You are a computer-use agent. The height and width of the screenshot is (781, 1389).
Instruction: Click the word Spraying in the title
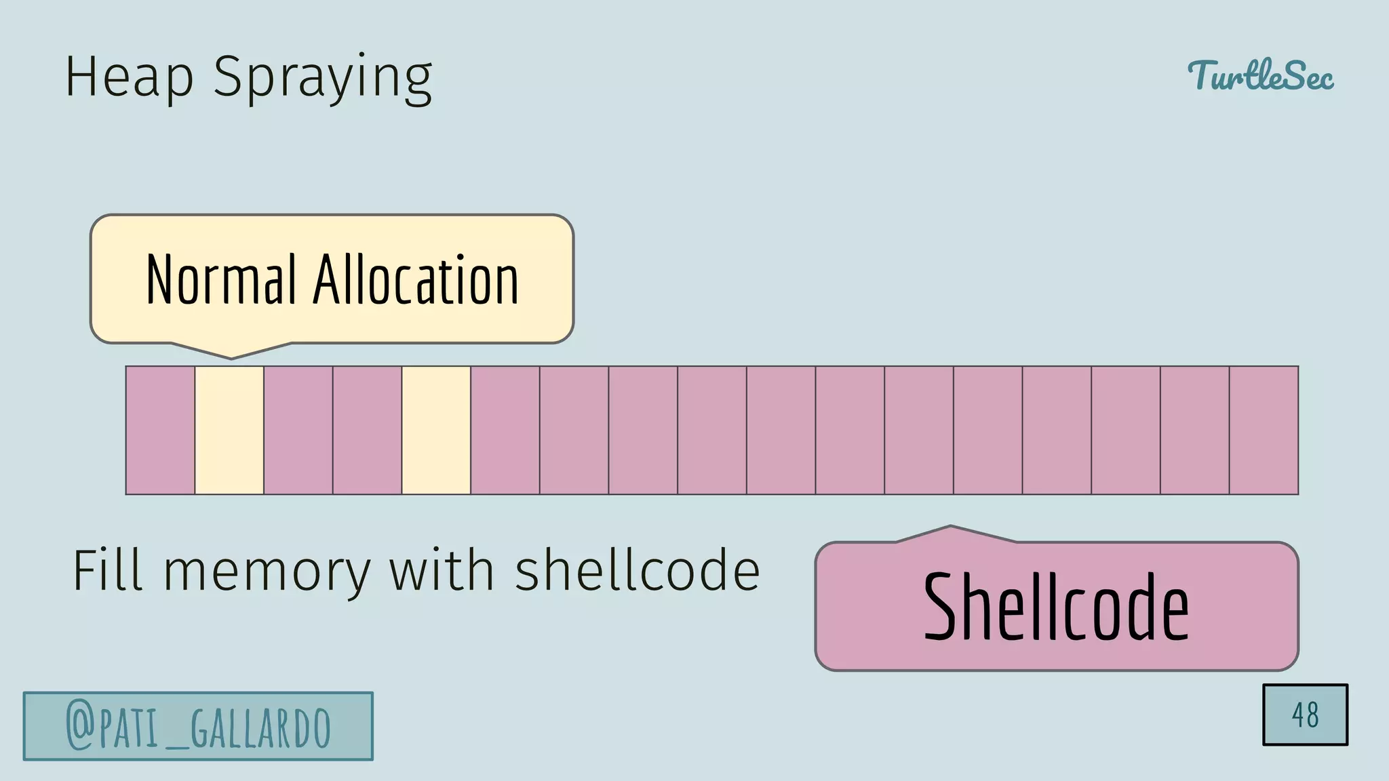pos(323,79)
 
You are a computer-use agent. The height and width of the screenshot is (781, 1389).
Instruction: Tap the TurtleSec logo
pos(1260,75)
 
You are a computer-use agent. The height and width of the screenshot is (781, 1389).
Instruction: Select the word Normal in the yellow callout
pos(221,279)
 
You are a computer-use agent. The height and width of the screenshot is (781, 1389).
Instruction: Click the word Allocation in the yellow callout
pos(415,279)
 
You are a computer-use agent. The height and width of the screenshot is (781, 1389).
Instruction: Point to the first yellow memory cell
pos(229,430)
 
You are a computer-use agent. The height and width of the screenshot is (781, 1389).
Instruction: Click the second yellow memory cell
pos(436,430)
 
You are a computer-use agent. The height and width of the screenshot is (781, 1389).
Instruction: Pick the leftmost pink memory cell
pos(160,430)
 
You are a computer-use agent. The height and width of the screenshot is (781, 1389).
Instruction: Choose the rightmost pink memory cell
pos(1264,430)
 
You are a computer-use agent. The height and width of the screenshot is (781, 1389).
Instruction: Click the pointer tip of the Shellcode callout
pos(951,527)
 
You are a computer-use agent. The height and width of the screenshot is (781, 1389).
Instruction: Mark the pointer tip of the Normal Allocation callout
pos(231,357)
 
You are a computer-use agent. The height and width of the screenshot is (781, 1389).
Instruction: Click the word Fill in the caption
pos(108,570)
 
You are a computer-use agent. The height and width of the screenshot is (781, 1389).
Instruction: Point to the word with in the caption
pos(441,570)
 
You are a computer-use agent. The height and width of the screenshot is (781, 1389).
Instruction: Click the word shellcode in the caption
pos(637,570)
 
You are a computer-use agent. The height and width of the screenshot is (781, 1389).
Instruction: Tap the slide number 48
pos(1305,715)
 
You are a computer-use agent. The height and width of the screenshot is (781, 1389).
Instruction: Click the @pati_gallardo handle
pos(198,726)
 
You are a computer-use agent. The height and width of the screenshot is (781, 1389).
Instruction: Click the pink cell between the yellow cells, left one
pos(298,430)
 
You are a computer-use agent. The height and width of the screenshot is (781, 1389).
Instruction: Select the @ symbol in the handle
pos(79,727)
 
